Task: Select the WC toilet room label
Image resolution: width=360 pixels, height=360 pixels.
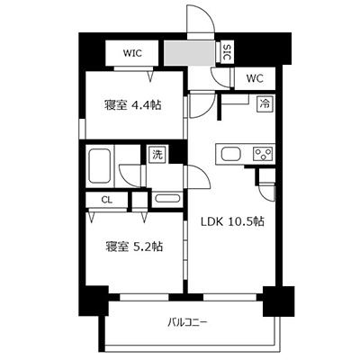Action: point(253,78)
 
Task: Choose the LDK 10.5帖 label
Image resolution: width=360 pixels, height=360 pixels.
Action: point(230,221)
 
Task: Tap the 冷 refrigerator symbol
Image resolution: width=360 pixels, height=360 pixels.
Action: point(265,104)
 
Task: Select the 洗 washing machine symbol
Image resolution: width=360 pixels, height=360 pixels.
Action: point(157,154)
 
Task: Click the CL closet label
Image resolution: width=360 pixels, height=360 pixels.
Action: point(106,200)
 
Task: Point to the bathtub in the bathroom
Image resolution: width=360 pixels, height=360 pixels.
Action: point(100,166)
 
